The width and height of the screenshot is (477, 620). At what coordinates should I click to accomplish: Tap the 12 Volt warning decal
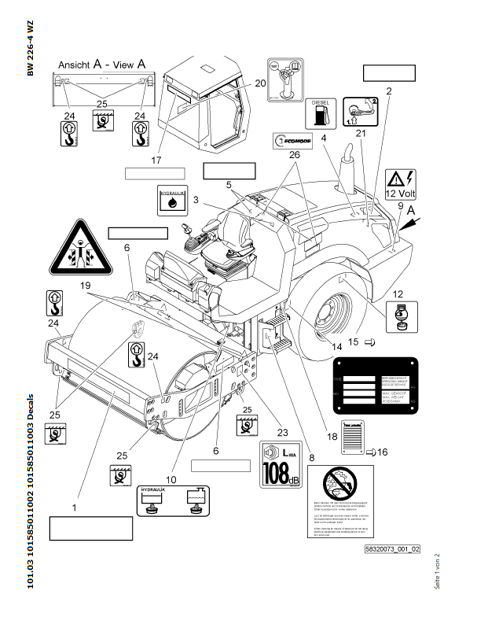401,183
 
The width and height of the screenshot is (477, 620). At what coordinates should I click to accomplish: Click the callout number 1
74,508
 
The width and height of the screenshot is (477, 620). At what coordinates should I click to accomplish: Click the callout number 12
398,293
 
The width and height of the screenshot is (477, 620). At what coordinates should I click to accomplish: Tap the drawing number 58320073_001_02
392,548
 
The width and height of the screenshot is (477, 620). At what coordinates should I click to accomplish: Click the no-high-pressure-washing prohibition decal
339,500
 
